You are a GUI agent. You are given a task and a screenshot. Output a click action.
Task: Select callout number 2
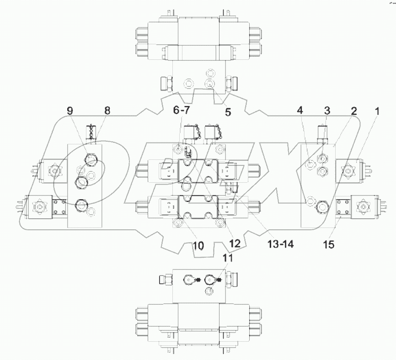tap(354, 111)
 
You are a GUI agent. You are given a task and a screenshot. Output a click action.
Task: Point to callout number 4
tap(300, 111)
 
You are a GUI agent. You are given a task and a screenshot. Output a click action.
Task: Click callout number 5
tap(227, 111)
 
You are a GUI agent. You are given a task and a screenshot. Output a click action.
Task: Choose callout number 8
tap(107, 111)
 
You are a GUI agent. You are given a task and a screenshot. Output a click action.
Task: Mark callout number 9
tap(70, 111)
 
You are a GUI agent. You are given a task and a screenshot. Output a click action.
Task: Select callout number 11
tap(227, 258)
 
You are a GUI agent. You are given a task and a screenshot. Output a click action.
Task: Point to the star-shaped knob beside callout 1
tap(350, 170)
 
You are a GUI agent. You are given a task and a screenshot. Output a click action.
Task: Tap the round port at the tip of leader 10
tap(178, 222)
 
